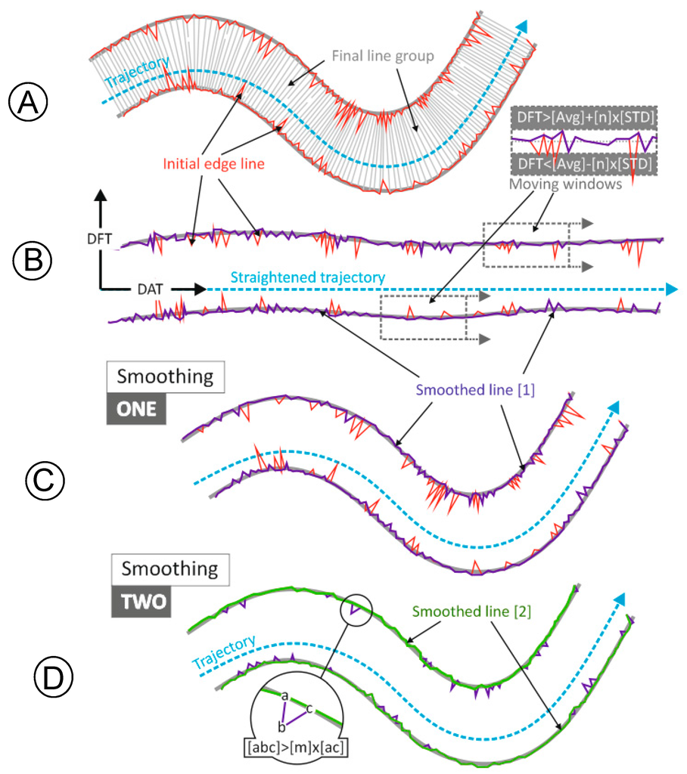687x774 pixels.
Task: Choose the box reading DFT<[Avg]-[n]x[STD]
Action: point(583,165)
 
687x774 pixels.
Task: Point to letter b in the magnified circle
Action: point(281,726)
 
